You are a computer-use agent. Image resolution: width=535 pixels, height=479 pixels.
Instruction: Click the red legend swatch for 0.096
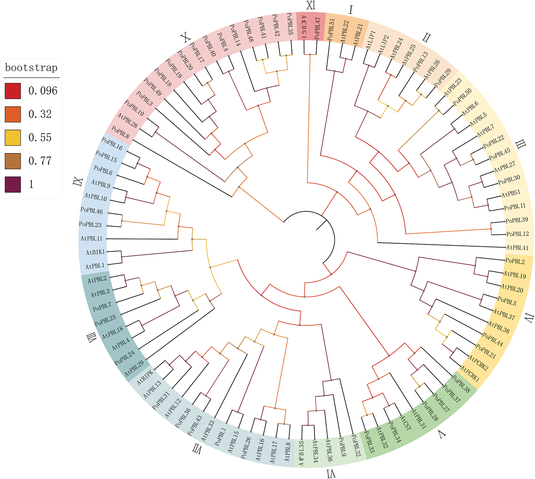(13, 91)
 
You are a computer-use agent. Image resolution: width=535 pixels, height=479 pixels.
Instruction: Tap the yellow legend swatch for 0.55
(13, 138)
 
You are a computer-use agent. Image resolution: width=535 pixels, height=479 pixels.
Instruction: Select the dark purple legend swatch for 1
(13, 184)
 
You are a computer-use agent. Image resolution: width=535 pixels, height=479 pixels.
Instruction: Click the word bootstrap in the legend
(31, 68)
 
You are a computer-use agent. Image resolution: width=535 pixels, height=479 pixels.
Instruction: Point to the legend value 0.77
(40, 161)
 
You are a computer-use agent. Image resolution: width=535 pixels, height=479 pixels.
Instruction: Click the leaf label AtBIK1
(95, 252)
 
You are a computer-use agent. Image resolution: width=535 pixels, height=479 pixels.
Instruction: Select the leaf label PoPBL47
(317, 28)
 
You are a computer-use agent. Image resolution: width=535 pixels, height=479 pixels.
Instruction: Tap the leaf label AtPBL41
(517, 248)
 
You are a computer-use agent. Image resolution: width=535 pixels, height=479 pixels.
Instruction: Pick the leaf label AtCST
(406, 423)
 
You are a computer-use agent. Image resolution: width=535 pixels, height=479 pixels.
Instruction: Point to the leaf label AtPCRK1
(470, 374)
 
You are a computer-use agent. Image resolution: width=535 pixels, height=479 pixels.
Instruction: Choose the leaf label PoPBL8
(120, 132)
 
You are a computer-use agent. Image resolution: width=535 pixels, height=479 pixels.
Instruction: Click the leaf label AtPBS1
(511, 193)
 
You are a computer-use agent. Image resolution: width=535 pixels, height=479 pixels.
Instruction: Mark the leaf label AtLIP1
(371, 40)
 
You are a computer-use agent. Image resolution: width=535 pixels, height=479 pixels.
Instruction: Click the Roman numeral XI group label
(311, 6)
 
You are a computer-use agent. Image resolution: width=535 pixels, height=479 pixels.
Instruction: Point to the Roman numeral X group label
(185, 37)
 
